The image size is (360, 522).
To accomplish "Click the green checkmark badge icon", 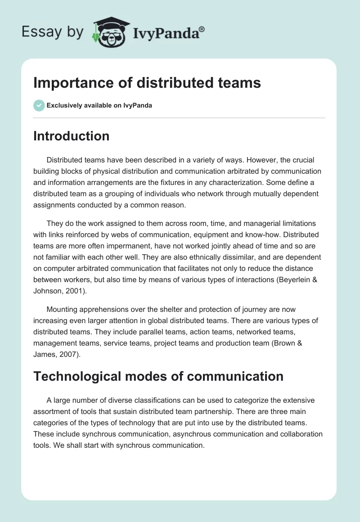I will (39, 105).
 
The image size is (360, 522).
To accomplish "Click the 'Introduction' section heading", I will (71, 136).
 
